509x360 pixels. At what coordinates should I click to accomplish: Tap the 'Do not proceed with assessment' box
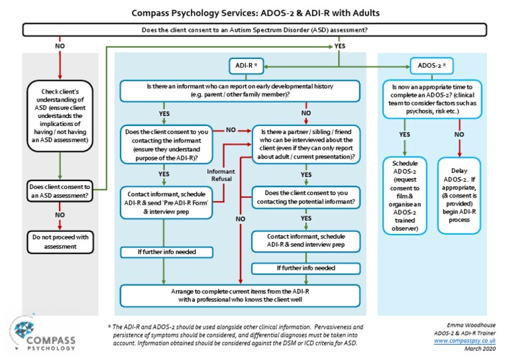pos(60,240)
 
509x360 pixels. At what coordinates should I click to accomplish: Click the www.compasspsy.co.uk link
pos(467,341)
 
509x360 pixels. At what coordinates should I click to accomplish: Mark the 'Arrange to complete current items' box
pos(240,294)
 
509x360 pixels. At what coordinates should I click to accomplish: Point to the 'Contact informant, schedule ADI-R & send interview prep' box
pos(306,240)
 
